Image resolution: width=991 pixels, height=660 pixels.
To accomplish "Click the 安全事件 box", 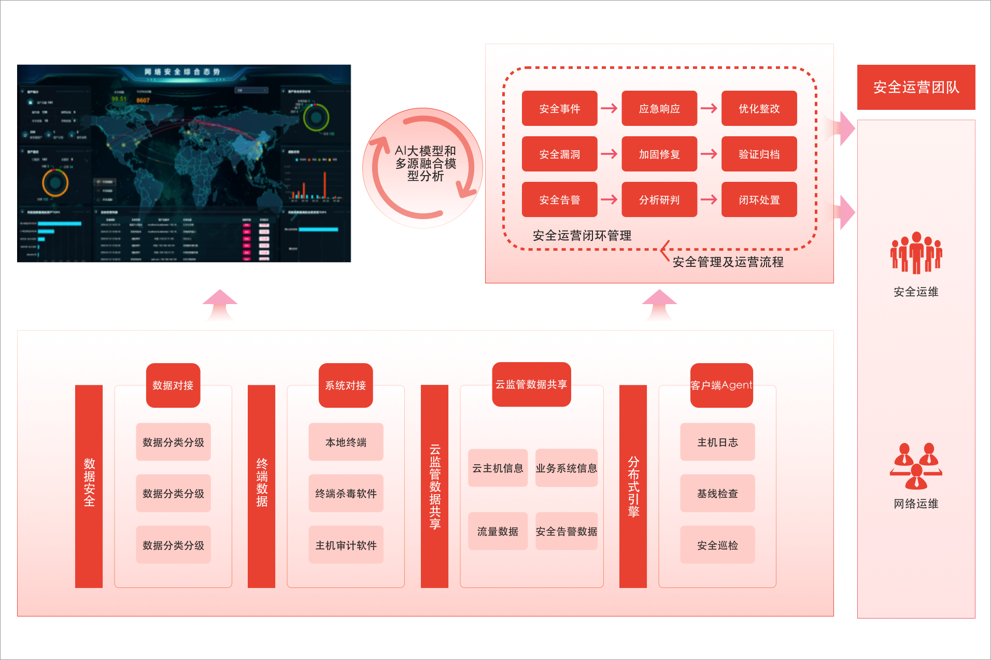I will (559, 108).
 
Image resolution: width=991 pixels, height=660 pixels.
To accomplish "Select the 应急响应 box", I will (659, 108).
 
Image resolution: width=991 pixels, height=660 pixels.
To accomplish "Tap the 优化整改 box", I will (759, 108).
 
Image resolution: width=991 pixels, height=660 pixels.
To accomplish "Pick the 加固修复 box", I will (659, 154).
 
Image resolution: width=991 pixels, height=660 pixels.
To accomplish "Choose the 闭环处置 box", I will (759, 199).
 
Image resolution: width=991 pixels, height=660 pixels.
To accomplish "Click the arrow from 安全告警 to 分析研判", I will (609, 199).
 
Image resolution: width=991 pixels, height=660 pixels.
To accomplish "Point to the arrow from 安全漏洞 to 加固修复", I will (609, 154).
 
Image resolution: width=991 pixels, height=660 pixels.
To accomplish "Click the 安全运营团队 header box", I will (916, 87).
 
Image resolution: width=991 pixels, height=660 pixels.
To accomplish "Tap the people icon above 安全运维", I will (916, 252).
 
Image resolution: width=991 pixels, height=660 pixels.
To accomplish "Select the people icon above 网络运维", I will (916, 466).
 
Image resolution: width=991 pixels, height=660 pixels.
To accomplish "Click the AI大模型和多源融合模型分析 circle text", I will (425, 163).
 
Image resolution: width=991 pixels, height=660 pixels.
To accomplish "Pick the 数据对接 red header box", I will (173, 385).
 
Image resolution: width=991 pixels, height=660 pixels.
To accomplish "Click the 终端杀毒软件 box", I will (346, 493).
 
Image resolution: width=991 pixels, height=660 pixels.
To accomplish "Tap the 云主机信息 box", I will (498, 468).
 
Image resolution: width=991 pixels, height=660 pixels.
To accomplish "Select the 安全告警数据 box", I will (566, 531).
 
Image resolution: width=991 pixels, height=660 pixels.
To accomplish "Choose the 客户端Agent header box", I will (721, 385).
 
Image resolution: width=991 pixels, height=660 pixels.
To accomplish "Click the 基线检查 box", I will (717, 493).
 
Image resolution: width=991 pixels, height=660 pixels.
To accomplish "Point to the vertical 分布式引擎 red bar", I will (633, 486).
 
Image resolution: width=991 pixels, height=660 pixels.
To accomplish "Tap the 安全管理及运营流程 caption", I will (728, 262).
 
